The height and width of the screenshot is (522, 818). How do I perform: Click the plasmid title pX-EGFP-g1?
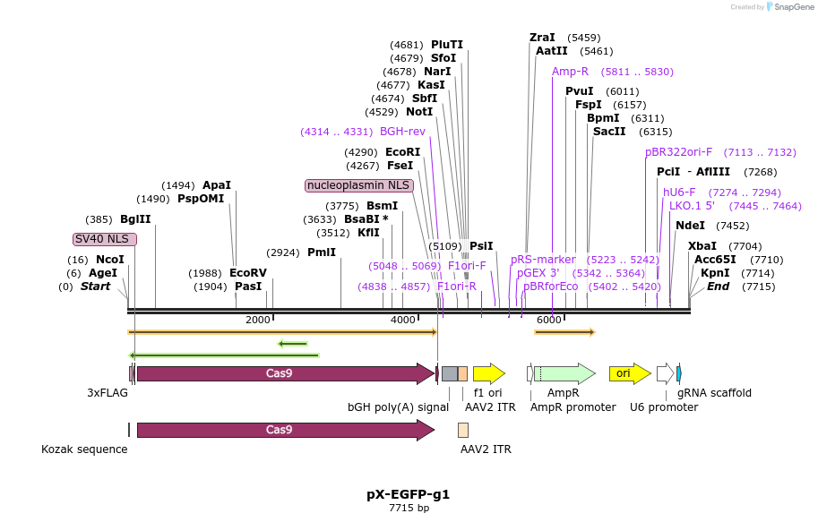coord(409,494)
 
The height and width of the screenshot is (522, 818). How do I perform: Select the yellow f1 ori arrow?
coord(488,373)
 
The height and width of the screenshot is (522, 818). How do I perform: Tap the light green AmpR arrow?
coord(565,373)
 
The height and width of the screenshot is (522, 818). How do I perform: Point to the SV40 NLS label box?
coord(105,239)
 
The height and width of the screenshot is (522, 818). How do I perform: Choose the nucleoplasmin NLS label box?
coord(358,185)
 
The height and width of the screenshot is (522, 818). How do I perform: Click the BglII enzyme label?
coord(136,219)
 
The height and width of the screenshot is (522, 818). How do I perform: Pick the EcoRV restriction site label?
coord(248,273)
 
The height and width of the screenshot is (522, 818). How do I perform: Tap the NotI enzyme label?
coord(419,112)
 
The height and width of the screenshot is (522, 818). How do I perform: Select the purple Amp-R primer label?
coord(570,72)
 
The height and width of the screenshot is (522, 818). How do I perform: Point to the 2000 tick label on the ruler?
coord(257,320)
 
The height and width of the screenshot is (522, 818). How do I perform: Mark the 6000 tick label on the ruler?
coord(548,320)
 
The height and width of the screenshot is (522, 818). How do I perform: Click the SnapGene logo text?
coord(792,7)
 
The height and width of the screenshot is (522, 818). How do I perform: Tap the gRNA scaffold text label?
coord(714,393)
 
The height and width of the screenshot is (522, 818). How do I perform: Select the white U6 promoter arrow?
coord(665,373)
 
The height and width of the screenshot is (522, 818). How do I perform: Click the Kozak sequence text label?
coord(84,449)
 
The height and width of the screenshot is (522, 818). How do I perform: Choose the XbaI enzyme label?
coord(702,246)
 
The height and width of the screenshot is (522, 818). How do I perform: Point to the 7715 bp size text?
coord(409,509)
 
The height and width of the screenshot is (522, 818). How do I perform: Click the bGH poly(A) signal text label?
coord(398,406)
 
